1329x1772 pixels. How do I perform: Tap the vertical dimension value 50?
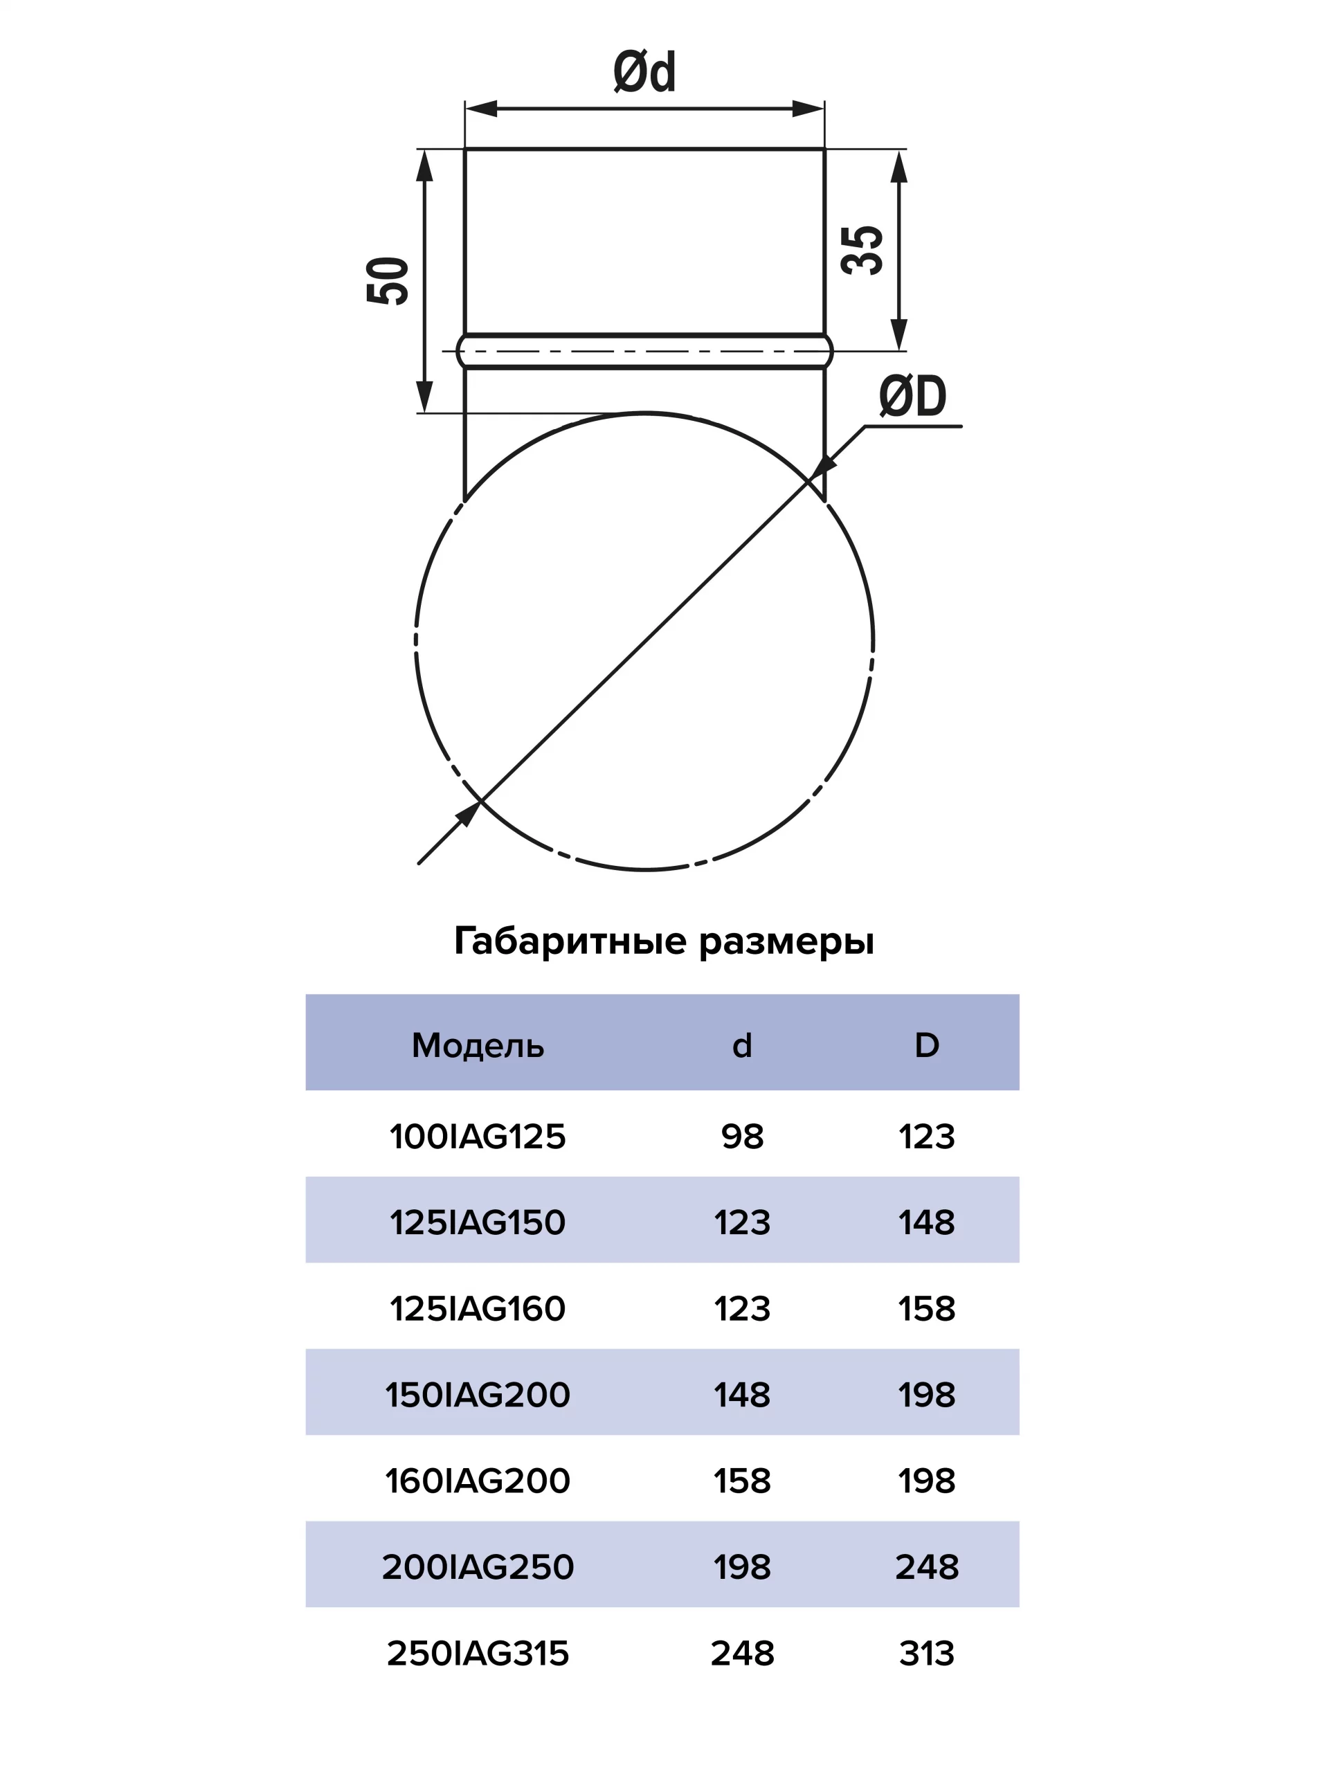click(388, 280)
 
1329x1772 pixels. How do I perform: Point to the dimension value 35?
click(862, 251)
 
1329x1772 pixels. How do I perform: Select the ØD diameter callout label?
click(912, 396)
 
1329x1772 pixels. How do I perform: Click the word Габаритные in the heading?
click(570, 941)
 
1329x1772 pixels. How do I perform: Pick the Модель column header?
click(478, 1045)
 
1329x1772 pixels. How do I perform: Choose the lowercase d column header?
click(742, 1045)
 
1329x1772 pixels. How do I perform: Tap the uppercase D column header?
click(927, 1045)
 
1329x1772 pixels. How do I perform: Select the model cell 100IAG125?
click(478, 1137)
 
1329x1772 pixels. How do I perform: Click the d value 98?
click(742, 1137)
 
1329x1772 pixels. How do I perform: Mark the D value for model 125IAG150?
click(927, 1222)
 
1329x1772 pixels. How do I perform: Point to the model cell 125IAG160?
click(478, 1309)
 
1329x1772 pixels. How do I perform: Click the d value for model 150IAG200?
click(742, 1395)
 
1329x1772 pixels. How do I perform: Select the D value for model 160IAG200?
click(927, 1481)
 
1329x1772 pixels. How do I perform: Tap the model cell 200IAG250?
click(478, 1567)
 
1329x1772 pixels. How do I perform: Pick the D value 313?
click(927, 1654)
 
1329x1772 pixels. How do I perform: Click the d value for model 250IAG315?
click(742, 1654)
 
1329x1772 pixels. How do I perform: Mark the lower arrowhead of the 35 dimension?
click(899, 334)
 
